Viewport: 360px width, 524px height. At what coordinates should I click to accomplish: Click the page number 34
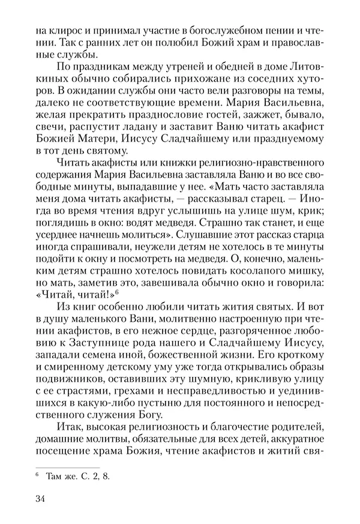point(42,499)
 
